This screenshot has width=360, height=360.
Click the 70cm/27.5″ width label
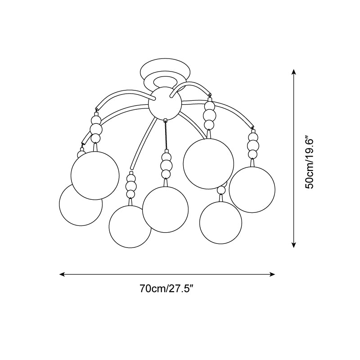[166, 289]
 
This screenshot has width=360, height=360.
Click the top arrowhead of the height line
[294, 72]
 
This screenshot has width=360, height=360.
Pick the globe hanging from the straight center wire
[165, 209]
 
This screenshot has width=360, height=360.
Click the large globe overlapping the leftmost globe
[95, 175]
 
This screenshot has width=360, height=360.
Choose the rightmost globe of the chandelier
[252, 189]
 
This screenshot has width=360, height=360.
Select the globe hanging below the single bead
[220, 222]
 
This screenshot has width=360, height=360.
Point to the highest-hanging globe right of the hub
[208, 163]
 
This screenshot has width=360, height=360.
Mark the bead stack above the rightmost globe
[253, 144]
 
